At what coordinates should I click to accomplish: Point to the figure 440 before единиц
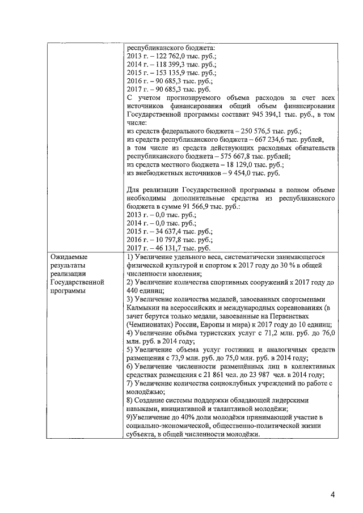[x=134, y=290]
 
